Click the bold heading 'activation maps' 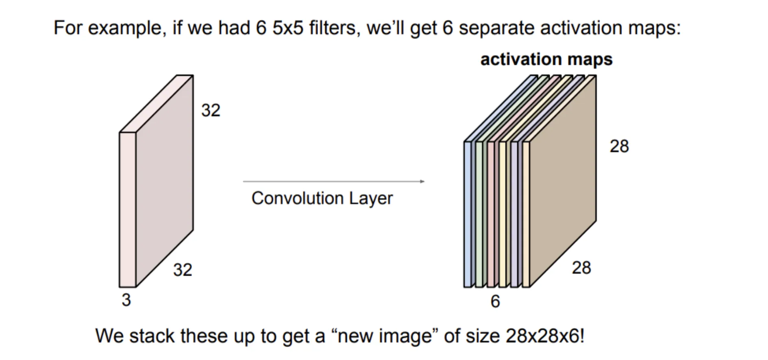tap(546, 59)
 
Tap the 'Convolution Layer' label tap(322, 199)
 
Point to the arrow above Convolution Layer tap(334, 181)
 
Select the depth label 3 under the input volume tap(126, 300)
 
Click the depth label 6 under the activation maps tap(495, 301)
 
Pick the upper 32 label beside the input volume tap(211, 111)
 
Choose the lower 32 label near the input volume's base tap(183, 270)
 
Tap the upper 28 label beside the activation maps tap(619, 146)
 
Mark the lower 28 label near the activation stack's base tap(581, 268)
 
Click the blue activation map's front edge tap(468, 214)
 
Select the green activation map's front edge tap(479, 214)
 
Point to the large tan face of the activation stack tap(563, 181)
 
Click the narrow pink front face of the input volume tap(127, 209)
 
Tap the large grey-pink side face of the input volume tap(164, 181)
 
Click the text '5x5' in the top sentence tap(288, 28)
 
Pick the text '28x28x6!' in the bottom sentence tap(545, 336)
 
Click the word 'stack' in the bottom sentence tap(154, 336)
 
